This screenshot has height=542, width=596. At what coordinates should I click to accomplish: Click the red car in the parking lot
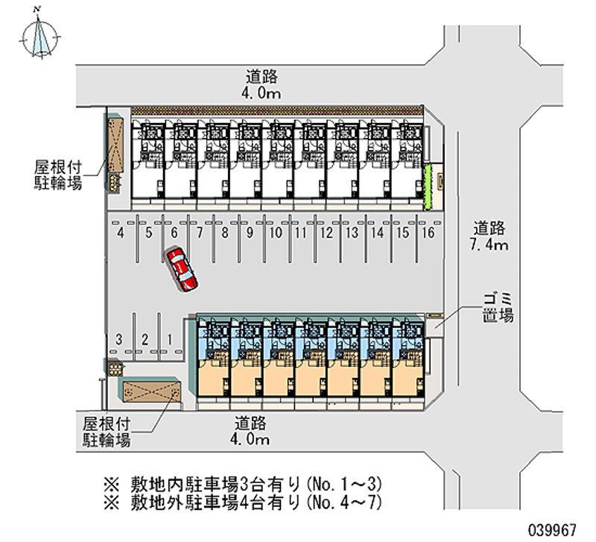182,269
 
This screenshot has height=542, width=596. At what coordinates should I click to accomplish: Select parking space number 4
121,233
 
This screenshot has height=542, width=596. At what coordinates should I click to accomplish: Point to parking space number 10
276,233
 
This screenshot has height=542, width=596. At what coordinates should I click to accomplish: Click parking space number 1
171,339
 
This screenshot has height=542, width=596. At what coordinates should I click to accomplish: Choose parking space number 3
118,339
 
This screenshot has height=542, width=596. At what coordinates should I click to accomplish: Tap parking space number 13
352,233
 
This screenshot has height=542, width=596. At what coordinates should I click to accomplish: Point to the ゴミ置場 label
495,308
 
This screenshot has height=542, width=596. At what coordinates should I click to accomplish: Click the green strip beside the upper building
428,187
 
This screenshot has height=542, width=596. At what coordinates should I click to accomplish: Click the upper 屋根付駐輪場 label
57,174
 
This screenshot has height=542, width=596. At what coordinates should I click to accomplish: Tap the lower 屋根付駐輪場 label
106,432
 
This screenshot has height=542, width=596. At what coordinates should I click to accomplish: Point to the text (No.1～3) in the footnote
346,481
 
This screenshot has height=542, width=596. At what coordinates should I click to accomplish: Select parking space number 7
199,233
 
